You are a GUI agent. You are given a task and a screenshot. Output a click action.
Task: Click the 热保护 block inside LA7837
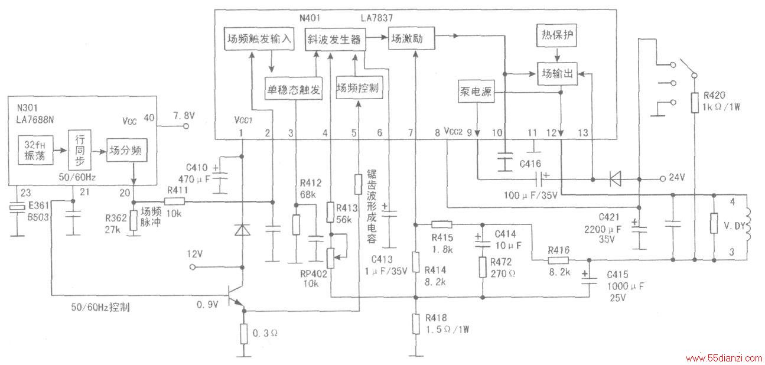tap(556, 35)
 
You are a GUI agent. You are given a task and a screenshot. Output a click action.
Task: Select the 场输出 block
tap(558, 73)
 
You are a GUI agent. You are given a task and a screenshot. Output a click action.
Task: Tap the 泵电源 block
tap(476, 92)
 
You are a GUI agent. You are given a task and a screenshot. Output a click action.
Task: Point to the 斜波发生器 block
tap(335, 40)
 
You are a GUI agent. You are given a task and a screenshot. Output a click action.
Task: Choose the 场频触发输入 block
tap(259, 38)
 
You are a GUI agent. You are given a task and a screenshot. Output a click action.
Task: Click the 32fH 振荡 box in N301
tap(35, 149)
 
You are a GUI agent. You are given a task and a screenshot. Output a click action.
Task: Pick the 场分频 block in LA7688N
tap(126, 150)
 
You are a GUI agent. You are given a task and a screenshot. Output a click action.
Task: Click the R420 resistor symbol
tap(695, 102)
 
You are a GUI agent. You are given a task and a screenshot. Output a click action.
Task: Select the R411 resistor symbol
tap(174, 202)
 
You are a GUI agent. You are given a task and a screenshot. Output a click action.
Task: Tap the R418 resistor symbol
tap(416, 324)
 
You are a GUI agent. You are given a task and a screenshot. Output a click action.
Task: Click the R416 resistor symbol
tap(558, 260)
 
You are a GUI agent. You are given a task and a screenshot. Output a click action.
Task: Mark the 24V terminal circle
tap(663, 178)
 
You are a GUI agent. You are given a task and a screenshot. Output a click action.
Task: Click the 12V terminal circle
tap(192, 267)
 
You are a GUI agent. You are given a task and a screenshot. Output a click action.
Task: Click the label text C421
tap(609, 217)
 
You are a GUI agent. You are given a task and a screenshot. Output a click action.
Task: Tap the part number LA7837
tap(377, 18)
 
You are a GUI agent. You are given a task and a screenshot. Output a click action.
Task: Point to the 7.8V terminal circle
tap(186, 126)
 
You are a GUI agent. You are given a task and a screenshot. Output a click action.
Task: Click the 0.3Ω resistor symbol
tap(243, 334)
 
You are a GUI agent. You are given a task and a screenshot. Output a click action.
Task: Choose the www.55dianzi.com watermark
tap(724, 359)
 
